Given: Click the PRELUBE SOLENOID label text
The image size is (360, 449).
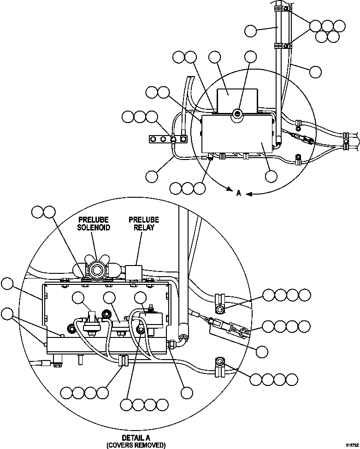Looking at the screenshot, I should click(94, 224).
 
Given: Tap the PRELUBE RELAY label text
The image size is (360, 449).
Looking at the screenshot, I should click(144, 224).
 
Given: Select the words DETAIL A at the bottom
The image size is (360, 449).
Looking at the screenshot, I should click(136, 437).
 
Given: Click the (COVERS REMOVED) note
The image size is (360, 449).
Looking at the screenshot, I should click(136, 445).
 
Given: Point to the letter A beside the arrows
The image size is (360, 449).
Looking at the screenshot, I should click(239, 194).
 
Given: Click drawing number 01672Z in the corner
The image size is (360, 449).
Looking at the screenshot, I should click(349, 443).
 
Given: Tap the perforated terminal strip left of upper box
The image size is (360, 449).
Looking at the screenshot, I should click(166, 138).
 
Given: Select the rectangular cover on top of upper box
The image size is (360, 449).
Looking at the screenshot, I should click(236, 99).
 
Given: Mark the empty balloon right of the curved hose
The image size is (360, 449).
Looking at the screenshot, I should click(316, 71).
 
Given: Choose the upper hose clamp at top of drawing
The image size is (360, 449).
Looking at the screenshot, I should click(281, 9).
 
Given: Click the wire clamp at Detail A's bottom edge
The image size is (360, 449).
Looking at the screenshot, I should click(123, 360).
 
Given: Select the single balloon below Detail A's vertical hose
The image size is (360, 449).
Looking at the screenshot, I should click(186, 392).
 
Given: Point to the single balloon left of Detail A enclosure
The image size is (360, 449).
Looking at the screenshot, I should click(7, 284).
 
